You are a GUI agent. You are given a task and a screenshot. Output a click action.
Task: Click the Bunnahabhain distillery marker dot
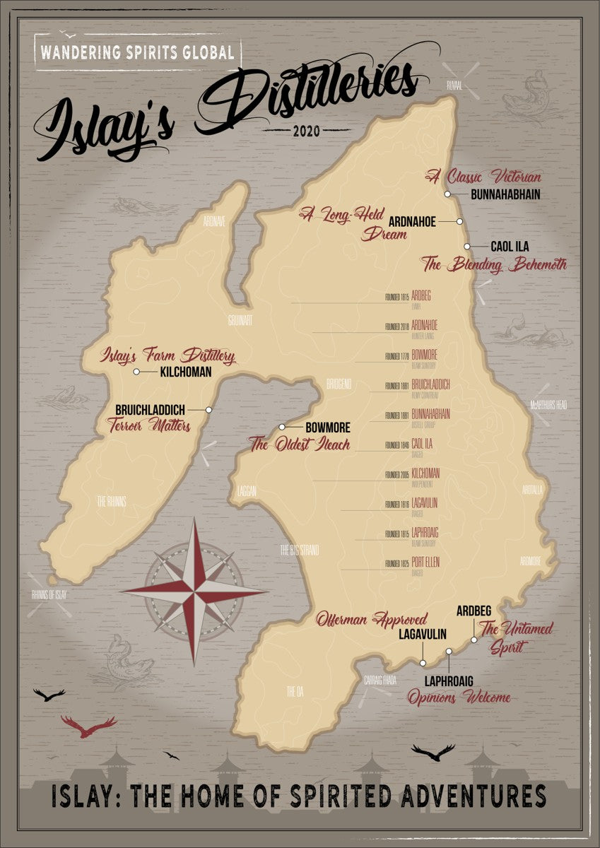(447, 194)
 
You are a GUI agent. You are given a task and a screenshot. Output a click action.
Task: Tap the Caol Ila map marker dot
(467, 247)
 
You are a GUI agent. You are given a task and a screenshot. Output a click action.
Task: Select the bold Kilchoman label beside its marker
(186, 372)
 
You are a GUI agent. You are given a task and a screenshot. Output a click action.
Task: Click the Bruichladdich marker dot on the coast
(209, 410)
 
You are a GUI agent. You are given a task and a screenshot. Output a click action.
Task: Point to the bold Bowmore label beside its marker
(327, 428)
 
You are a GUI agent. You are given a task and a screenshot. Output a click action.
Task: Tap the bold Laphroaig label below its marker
(448, 681)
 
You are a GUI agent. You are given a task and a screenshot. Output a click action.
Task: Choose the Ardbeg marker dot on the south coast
(474, 640)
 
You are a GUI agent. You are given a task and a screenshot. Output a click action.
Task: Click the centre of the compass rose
(194, 591)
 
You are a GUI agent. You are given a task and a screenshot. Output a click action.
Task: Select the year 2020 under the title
(306, 131)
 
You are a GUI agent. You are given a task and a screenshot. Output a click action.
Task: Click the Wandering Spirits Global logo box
(137, 52)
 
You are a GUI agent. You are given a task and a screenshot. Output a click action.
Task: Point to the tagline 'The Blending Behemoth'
(494, 266)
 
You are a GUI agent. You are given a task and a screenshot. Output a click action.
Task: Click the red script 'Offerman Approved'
(372, 618)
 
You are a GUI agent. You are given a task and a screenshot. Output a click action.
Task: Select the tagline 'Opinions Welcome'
(459, 697)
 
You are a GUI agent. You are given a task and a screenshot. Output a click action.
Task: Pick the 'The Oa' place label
(294, 691)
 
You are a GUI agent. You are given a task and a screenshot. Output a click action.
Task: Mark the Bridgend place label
(339, 384)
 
